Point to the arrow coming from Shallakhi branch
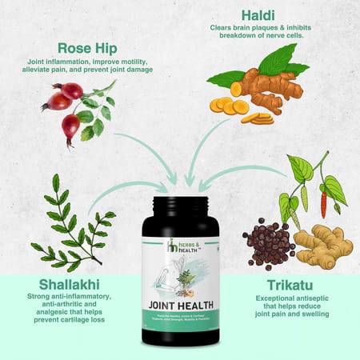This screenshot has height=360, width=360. [x=132, y=190]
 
